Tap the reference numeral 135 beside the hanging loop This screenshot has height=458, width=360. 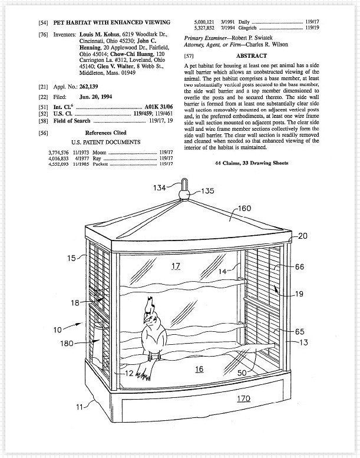(x=208, y=191)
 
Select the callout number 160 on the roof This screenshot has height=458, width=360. (x=244, y=208)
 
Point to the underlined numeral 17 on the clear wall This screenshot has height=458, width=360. (x=176, y=266)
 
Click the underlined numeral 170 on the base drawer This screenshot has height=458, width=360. (x=243, y=398)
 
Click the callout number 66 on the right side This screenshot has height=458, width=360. (x=299, y=267)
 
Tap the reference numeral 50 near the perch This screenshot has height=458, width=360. (x=242, y=374)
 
